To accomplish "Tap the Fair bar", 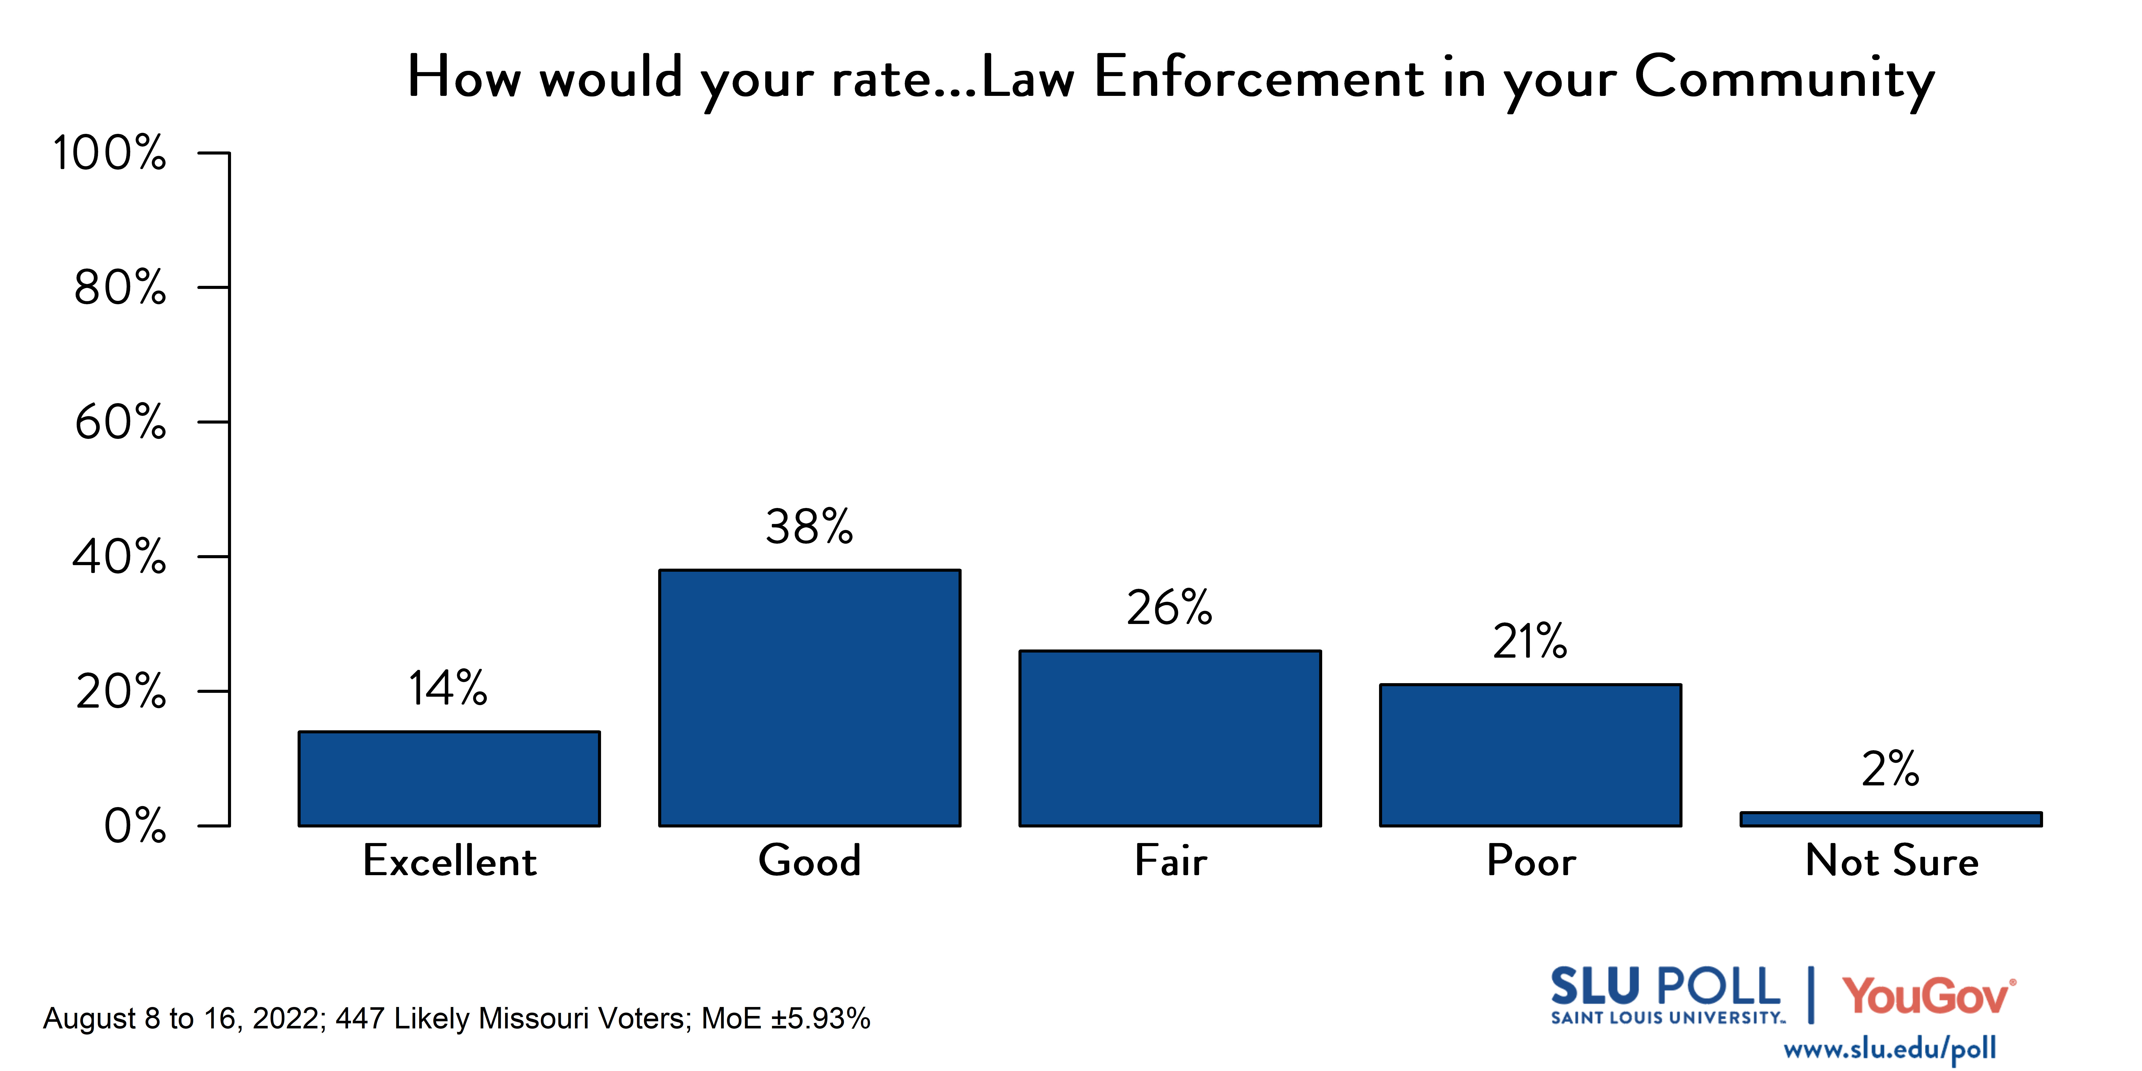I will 1170,738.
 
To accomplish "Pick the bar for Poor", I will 1530,755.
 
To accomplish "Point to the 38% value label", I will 809,527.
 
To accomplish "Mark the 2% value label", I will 1890,769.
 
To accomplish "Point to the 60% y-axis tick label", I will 121,423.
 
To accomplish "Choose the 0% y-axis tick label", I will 135,826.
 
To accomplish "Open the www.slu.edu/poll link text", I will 1889,1049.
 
